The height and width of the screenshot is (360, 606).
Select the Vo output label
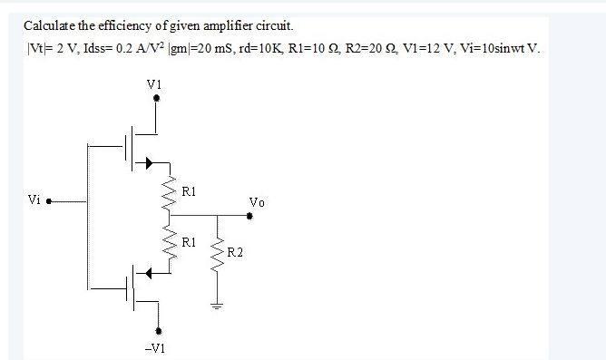pos(257,202)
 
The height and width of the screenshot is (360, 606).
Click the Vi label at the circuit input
pos(34,198)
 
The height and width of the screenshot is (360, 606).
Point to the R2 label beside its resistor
pos(234,250)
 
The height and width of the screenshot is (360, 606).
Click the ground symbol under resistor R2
pos(217,305)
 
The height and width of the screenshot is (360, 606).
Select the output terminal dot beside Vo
pos(250,217)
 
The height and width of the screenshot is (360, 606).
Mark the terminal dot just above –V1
pos(160,330)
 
